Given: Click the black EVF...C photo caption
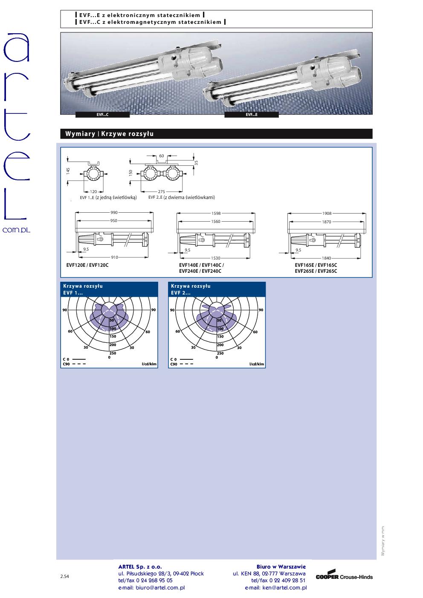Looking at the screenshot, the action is (102, 115).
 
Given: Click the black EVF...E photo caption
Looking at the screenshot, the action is (252, 115).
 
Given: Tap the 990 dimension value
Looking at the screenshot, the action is (114, 213).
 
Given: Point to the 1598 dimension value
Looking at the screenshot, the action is (216, 213).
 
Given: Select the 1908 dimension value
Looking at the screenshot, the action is (327, 213).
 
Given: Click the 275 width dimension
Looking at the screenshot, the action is (162, 192).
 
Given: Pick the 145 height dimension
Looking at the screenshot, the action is (68, 171).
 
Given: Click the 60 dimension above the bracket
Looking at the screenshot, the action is (162, 156).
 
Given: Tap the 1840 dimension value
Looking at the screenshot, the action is (326, 258).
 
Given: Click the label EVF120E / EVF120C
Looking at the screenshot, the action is (87, 265).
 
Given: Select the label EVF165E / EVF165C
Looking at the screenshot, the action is (316, 265).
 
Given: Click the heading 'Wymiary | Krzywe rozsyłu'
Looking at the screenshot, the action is (110, 134).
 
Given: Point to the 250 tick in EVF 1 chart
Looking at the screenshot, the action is (113, 353).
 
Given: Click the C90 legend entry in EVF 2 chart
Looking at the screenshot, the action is (182, 364).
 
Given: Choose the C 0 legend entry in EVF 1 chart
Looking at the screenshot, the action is (74, 359).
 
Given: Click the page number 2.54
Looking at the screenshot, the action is (65, 576).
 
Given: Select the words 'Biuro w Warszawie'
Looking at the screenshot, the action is (281, 566).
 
